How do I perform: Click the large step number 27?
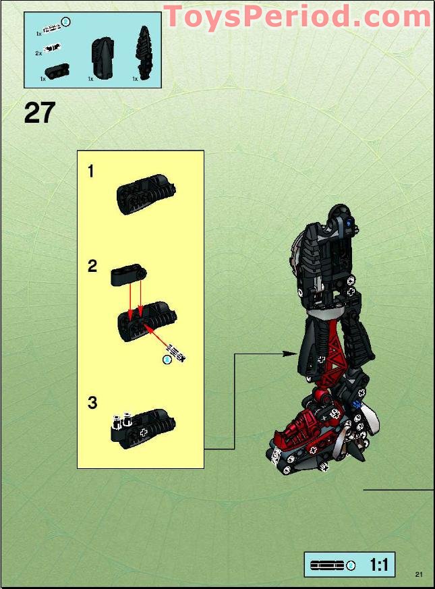coord(39,112)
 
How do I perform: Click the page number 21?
coord(419,574)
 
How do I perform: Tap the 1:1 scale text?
coord(379,565)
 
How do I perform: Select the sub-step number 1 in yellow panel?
coord(91,171)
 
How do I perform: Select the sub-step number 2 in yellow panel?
coord(92,267)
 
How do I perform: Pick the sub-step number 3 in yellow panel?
coord(92,403)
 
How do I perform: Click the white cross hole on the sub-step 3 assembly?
coord(143,430)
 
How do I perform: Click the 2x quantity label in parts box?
coord(38,53)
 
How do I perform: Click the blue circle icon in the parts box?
coord(65,23)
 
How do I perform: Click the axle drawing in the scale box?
coord(326,565)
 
